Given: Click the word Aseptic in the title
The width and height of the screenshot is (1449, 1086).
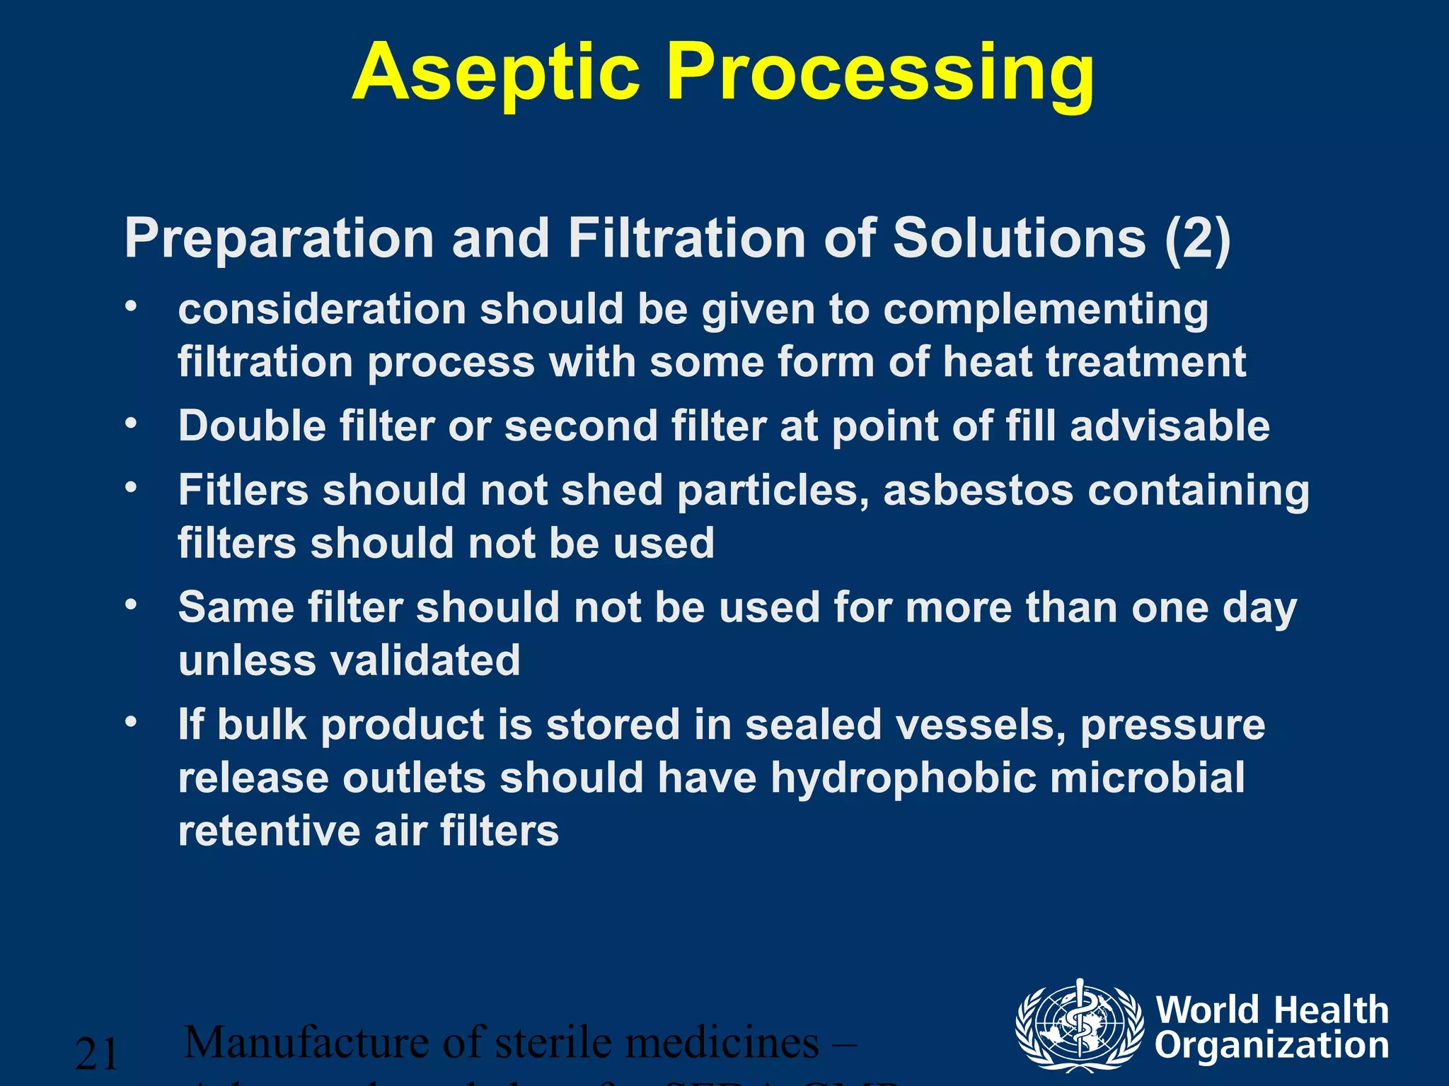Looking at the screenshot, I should click(x=496, y=74).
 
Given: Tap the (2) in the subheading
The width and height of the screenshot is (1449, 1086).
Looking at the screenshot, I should click(x=1198, y=238).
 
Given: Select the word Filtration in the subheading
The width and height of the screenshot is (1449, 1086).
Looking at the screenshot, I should click(x=687, y=238).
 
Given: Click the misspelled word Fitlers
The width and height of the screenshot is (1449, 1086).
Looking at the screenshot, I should click(x=243, y=489).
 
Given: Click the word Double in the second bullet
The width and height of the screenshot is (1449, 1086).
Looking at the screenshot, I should click(x=251, y=426).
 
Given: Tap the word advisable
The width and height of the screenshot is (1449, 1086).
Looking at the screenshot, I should click(x=1170, y=426).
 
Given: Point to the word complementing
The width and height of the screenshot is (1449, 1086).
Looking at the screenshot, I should click(x=1046, y=310).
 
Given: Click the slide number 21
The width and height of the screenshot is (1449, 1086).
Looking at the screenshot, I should click(x=96, y=1054).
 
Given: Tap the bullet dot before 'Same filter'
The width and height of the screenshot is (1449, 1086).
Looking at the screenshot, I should click(x=130, y=606).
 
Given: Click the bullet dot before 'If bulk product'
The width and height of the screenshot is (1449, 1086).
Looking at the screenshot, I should click(x=130, y=723).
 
